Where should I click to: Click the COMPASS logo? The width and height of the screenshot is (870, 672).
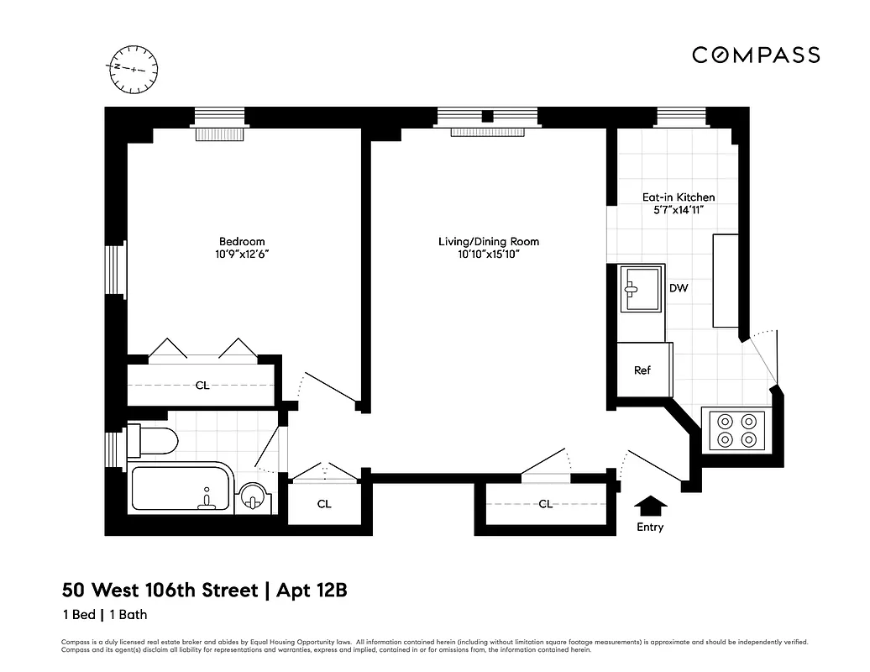[756, 55]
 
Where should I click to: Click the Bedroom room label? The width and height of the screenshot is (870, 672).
[242, 242]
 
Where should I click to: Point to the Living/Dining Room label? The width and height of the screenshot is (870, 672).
[489, 242]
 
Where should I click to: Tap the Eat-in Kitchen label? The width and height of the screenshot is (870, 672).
[679, 197]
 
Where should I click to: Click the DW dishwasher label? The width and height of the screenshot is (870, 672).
[679, 288]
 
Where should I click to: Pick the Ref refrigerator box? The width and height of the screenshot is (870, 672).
[642, 370]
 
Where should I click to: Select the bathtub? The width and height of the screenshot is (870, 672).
[181, 489]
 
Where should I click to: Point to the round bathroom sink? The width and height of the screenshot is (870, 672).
[252, 499]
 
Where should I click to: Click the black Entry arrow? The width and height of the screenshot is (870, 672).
[649, 507]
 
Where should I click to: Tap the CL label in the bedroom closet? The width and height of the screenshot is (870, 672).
[202, 386]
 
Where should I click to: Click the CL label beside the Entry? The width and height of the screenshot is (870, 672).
[545, 504]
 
